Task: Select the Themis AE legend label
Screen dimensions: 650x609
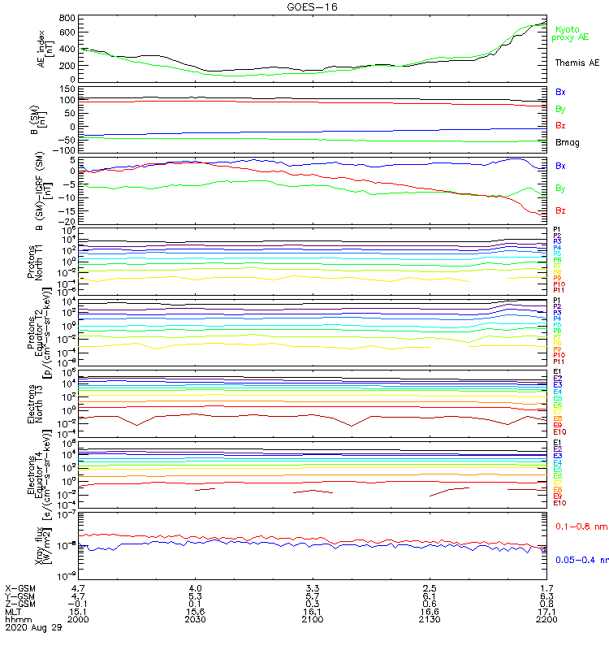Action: tap(577, 63)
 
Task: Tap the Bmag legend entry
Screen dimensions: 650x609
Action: tap(567, 142)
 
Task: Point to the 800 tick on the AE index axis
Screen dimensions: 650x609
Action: tap(67, 18)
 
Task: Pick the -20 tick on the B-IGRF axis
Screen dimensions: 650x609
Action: tap(68, 221)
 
